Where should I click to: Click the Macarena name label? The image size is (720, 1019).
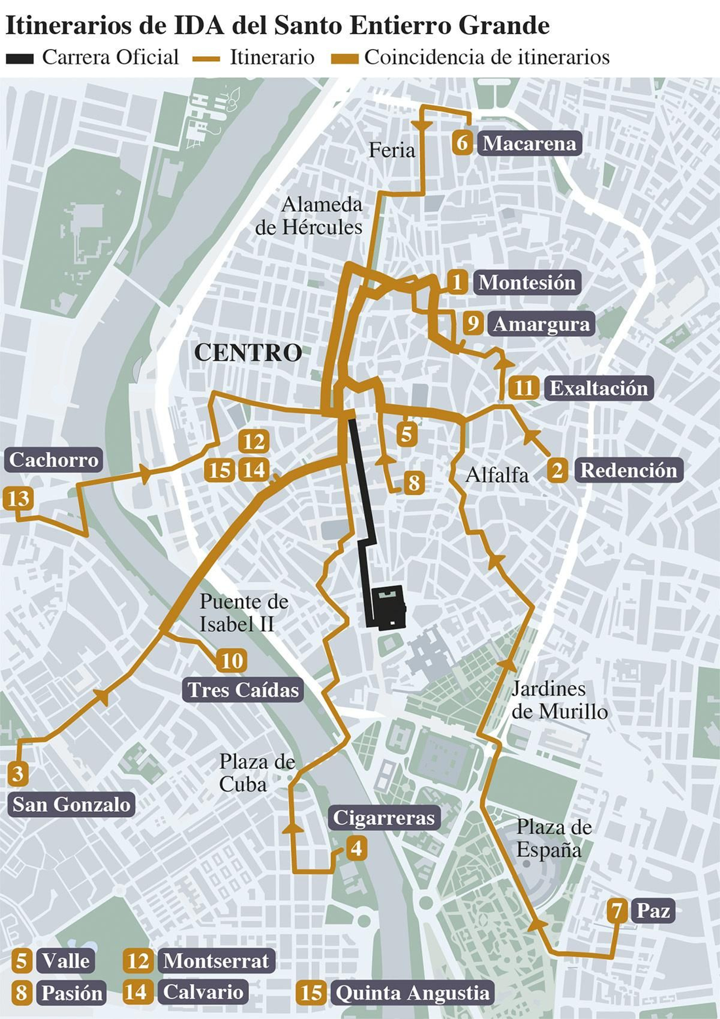529,144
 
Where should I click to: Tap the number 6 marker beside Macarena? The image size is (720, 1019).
462,143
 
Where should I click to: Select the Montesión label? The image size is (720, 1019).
526,282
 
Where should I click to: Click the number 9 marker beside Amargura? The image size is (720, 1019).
473,323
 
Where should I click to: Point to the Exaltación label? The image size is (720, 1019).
598,388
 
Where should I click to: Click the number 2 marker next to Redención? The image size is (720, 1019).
557,471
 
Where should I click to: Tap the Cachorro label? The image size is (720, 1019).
54,460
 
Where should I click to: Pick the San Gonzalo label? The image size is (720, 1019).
71,804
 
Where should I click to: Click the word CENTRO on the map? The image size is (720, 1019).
248,352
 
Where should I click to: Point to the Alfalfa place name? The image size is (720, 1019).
497,475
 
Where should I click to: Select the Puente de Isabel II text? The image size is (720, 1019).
243,613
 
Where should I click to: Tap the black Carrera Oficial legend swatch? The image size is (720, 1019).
19,59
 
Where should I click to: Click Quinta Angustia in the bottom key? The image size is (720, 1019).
412,992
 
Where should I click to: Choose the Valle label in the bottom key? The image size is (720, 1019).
66,960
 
